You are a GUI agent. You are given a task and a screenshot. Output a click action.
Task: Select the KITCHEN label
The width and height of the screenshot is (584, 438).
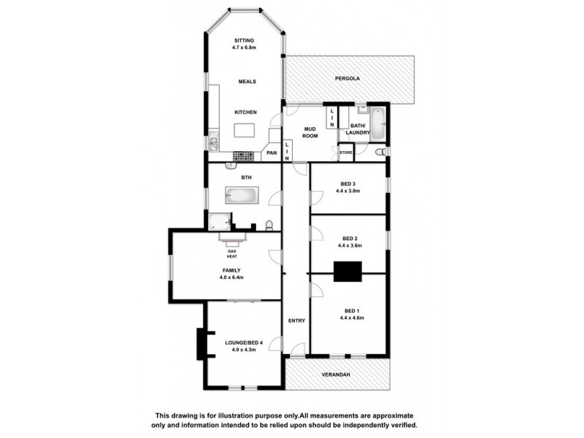[x=245, y=112]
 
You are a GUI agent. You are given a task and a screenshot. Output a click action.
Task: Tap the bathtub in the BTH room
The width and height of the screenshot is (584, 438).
[x=240, y=196]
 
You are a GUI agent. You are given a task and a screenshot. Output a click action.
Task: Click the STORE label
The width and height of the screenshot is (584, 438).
[x=345, y=153]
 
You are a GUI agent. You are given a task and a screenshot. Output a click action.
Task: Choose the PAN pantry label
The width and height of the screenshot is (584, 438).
[x=271, y=153]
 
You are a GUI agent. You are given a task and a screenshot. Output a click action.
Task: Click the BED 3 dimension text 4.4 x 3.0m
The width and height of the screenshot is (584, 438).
[x=348, y=191]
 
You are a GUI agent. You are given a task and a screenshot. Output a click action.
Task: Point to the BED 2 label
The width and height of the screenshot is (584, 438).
[x=348, y=238]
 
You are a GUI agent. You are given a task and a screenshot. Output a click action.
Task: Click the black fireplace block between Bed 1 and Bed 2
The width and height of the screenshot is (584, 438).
[x=347, y=271]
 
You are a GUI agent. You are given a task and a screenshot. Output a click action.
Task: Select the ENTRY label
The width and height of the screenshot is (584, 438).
[x=296, y=320]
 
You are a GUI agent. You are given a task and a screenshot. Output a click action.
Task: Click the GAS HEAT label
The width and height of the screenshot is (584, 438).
[x=231, y=254]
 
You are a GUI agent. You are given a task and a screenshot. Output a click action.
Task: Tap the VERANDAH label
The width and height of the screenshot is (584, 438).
[x=337, y=374]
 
